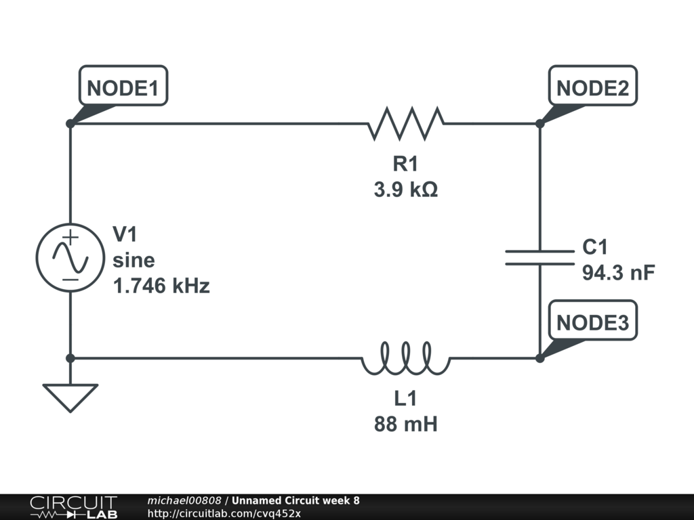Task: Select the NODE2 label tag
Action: point(592,87)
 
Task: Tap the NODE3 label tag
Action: point(592,322)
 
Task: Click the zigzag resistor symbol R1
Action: point(405,124)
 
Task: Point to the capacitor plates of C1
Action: point(539,257)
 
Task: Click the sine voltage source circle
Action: point(70,257)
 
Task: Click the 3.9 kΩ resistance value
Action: point(405,190)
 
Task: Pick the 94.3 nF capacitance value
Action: point(618,273)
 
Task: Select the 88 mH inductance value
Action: point(405,425)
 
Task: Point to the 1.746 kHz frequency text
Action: point(161,286)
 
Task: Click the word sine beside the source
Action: point(134,261)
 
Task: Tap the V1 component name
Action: point(125,235)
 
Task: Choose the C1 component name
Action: point(596,248)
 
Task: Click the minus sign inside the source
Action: point(70,279)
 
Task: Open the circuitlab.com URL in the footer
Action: point(224,513)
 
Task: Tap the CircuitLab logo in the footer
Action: point(73,507)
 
